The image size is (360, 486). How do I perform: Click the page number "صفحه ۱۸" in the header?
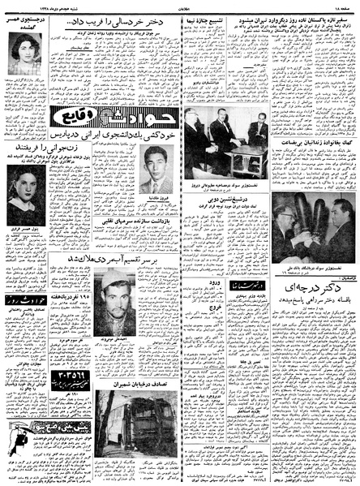click(340, 6)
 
